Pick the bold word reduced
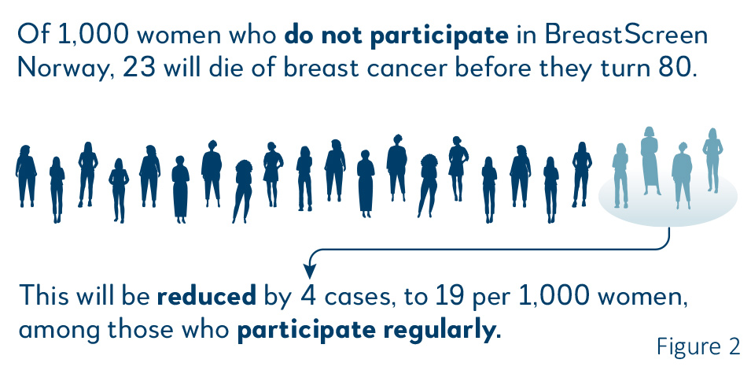207,296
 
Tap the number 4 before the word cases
309,296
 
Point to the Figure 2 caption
698,346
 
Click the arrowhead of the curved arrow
310,272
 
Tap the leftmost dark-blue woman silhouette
26,176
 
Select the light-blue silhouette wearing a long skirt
650,161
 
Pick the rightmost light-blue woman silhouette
712,160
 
